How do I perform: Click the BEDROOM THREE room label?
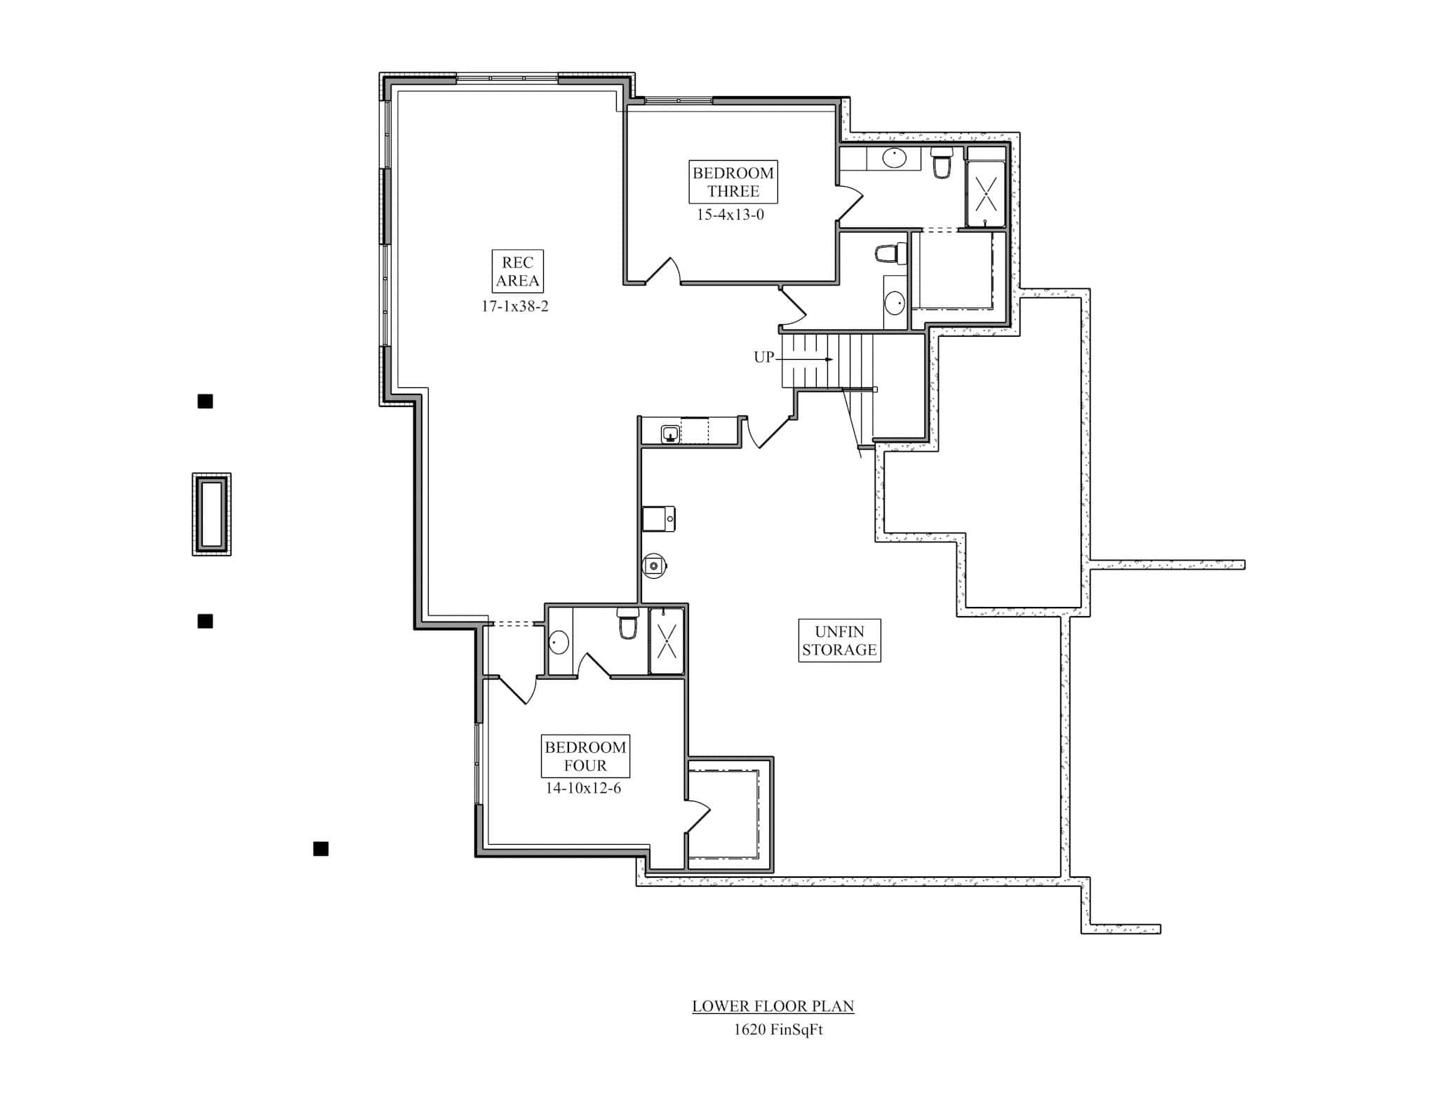click(x=733, y=182)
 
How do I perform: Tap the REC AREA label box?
click(x=518, y=272)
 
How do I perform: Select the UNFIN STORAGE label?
click(x=839, y=641)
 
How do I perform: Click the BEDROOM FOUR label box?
click(x=585, y=756)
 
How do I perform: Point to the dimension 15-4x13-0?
click(x=730, y=215)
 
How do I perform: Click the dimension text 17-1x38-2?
click(x=514, y=306)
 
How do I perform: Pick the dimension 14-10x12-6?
click(x=583, y=788)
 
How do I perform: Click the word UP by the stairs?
click(x=763, y=357)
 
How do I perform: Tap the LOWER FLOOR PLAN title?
click(x=773, y=1005)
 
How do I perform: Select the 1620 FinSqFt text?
click(x=777, y=1029)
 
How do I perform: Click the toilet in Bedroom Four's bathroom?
click(x=628, y=624)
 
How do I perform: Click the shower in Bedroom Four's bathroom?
click(x=667, y=641)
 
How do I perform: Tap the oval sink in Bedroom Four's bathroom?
click(x=559, y=642)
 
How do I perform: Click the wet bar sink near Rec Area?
click(x=670, y=434)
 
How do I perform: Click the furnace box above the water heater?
click(x=658, y=519)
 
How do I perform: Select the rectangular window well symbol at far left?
click(x=211, y=514)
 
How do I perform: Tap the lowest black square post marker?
click(x=321, y=849)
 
